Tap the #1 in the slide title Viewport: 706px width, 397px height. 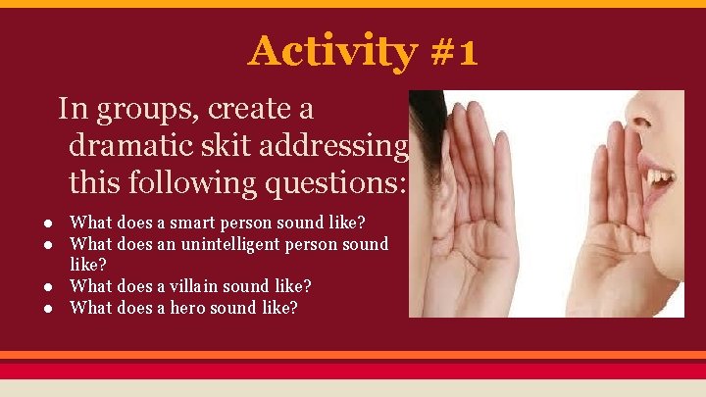(453, 51)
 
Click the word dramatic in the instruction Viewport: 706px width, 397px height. (126, 146)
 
